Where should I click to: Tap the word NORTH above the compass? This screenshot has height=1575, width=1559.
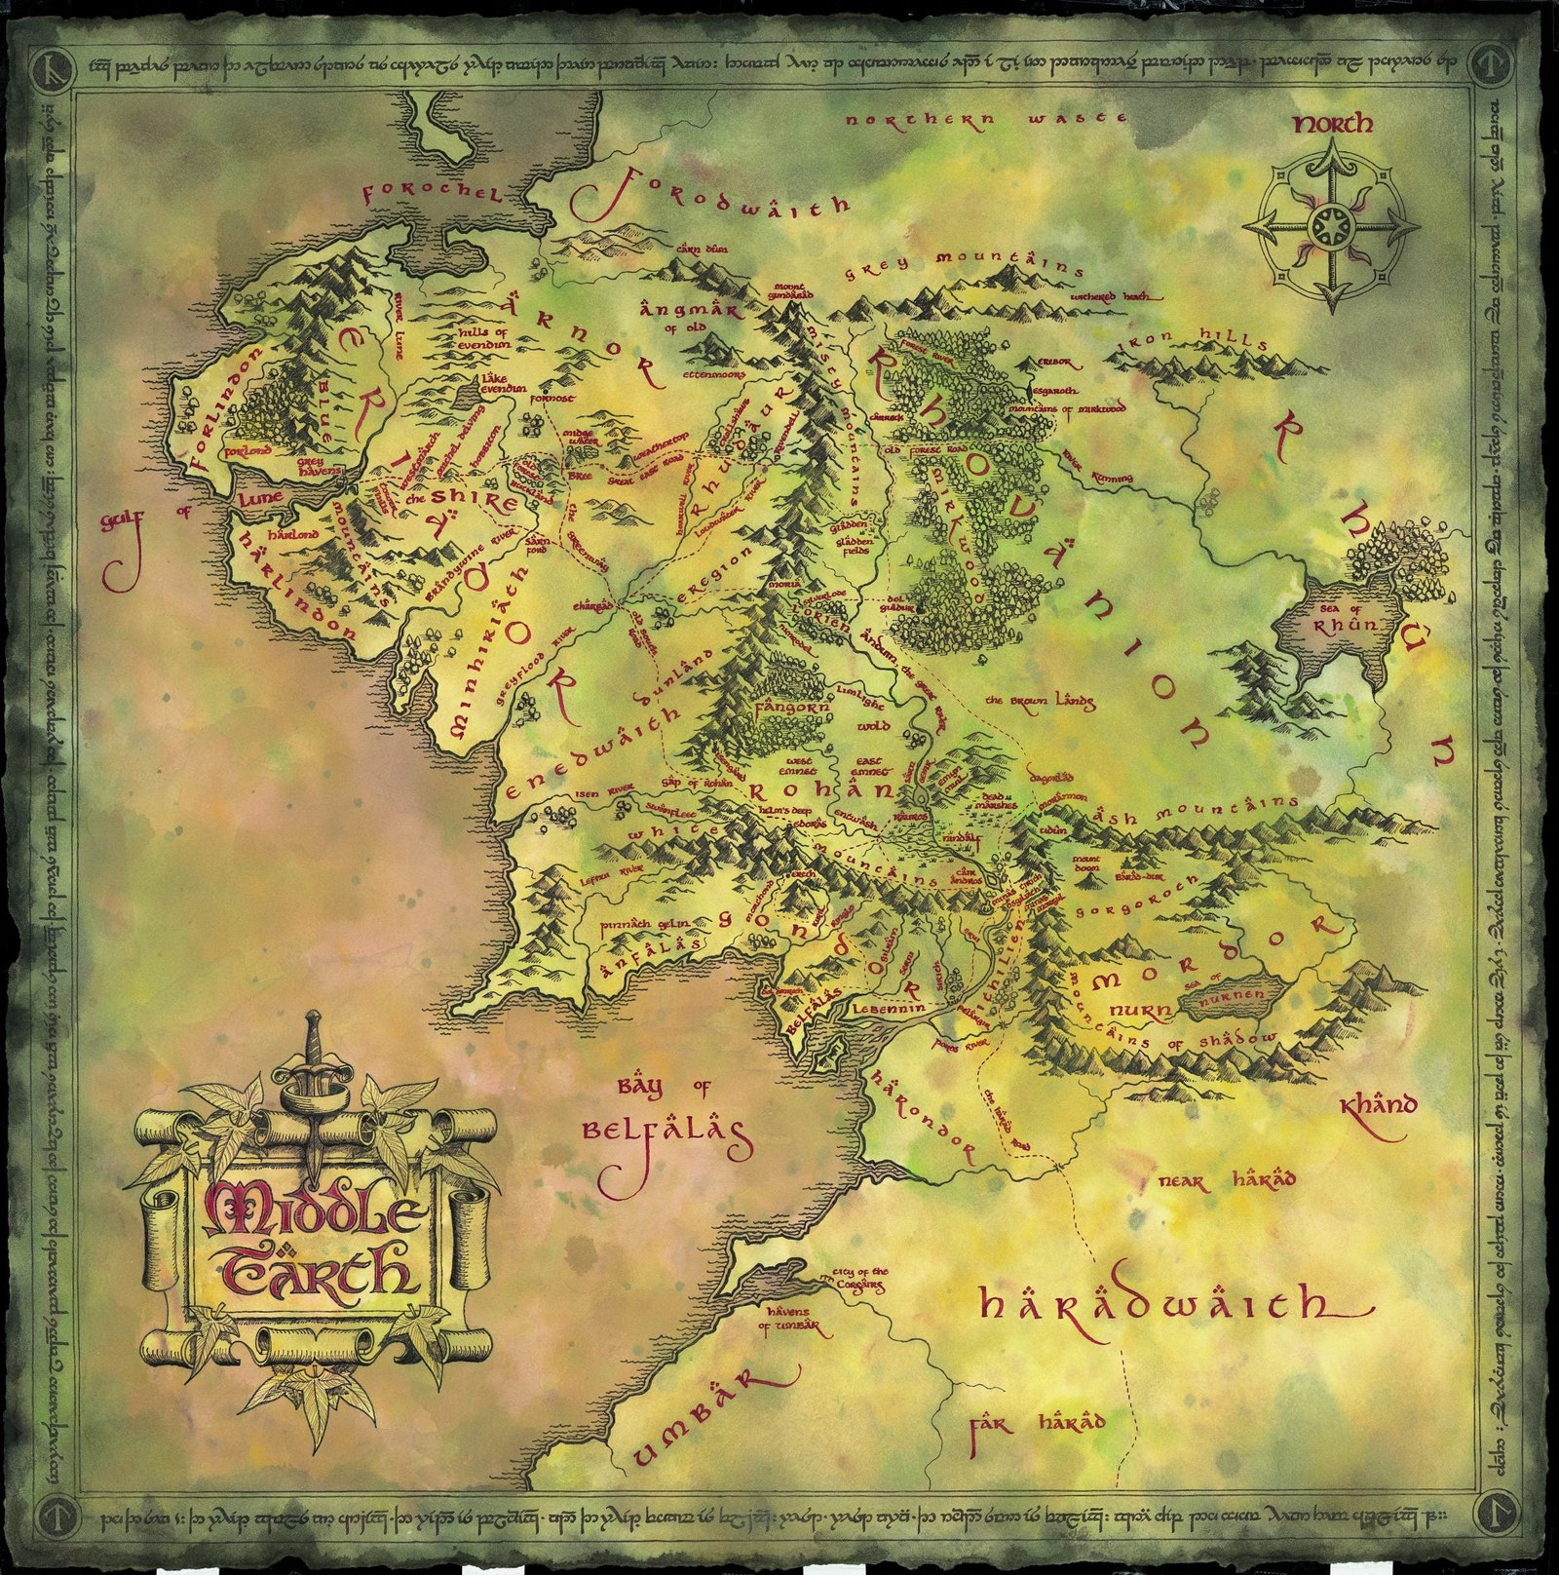1333,124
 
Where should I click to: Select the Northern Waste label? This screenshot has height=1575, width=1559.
986,119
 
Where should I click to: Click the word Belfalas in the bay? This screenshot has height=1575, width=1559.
666,1131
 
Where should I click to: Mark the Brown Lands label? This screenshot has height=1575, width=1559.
1041,701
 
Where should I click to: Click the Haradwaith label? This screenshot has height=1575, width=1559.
1164,1305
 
